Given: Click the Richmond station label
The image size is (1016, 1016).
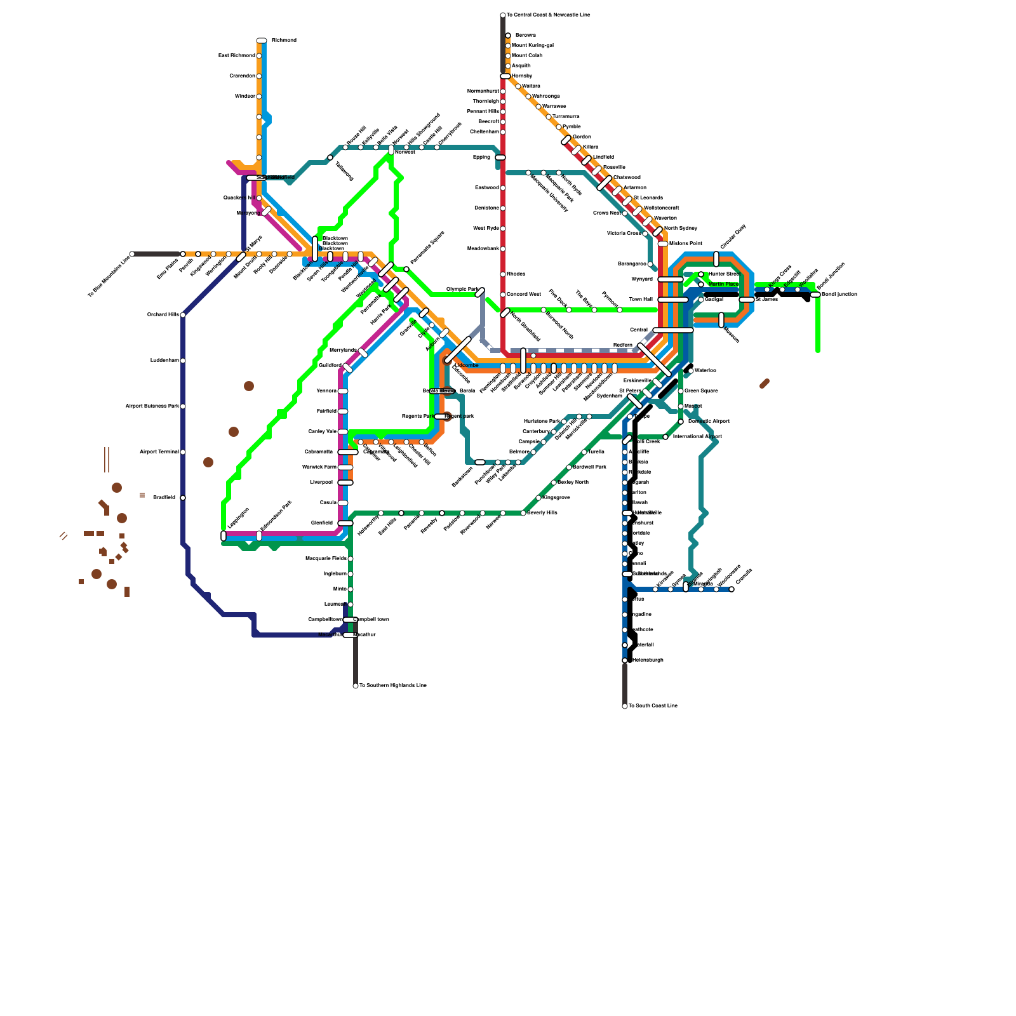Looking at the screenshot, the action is [284, 41].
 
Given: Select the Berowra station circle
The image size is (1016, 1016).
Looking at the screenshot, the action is [508, 36].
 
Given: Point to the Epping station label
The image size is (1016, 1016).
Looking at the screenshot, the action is [481, 157].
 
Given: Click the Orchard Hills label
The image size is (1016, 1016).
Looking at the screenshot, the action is [163, 315].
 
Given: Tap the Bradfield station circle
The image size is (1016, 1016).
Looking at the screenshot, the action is [183, 498].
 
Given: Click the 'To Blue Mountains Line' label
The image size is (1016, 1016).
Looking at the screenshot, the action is [109, 277].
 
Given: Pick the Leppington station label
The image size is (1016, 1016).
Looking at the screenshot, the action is [238, 518].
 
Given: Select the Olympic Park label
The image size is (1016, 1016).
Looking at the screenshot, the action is [462, 290].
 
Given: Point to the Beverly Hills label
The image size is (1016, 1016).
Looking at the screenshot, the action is [542, 513].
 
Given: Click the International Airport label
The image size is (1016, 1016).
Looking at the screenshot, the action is [697, 437].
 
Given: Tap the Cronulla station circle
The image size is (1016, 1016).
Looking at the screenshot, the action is [732, 589].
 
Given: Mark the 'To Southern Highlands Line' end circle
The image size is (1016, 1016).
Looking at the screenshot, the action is [356, 686].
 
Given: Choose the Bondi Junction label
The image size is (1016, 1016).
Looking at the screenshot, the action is [839, 295].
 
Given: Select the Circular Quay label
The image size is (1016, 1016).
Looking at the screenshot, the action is [733, 237].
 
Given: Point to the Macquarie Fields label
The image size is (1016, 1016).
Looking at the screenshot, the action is [326, 559].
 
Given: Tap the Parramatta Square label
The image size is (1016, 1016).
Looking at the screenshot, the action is [427, 248].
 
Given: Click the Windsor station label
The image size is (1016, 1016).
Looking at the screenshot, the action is [244, 97].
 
